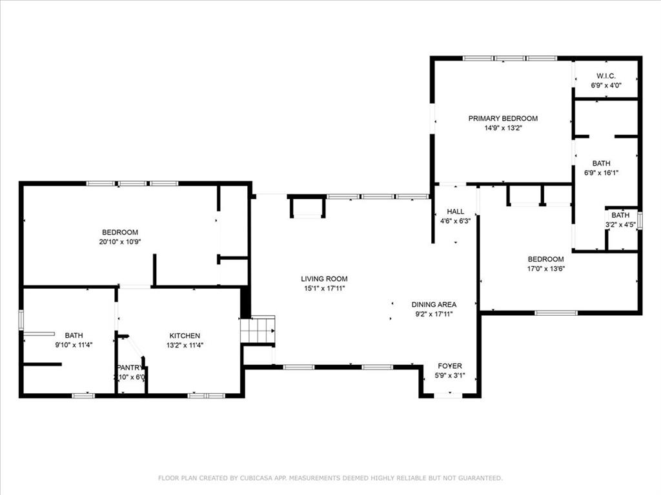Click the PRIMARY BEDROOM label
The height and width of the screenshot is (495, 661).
[x=503, y=119]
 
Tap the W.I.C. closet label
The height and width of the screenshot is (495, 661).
[x=606, y=76]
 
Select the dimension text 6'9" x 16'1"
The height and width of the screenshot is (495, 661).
[x=606, y=173]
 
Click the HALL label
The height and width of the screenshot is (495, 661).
[x=455, y=211]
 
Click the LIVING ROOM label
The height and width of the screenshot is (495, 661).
[x=324, y=279]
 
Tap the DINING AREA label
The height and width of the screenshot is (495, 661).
[x=434, y=305]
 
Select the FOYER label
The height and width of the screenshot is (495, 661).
[x=449, y=366]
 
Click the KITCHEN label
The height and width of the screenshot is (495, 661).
[x=185, y=336]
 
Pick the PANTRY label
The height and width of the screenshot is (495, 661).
[x=130, y=367]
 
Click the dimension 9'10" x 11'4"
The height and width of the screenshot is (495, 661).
[x=74, y=345]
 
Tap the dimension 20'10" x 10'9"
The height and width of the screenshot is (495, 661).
[x=120, y=242]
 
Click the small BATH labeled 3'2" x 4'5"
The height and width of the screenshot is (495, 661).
[x=620, y=215]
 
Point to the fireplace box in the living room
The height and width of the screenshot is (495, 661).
[x=307, y=207]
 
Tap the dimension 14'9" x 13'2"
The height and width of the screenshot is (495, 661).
[x=503, y=128]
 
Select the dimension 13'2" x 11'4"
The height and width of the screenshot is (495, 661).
[x=185, y=345]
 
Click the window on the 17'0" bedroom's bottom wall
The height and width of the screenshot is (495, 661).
[x=556, y=313]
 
